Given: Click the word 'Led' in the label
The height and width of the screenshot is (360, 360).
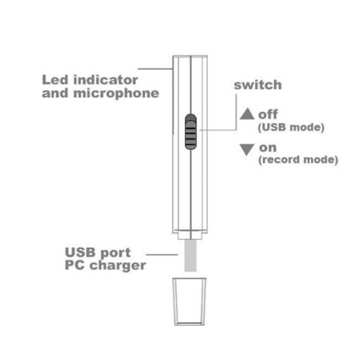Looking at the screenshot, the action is tap(55, 80).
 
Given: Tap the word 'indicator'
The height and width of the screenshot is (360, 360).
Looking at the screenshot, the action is tap(106, 80).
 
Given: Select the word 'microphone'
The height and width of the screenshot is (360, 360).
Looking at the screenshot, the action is tap(116, 93).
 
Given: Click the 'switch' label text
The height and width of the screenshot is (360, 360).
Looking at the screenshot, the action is tap(258, 85).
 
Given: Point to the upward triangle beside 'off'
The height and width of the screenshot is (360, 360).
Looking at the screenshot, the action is tap(247, 114).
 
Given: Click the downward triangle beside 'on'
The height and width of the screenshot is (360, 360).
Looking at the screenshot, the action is tap(247, 149).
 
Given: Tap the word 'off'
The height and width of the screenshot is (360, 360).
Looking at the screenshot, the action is tap(268, 114).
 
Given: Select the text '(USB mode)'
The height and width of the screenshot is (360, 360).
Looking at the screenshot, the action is tap(291, 127).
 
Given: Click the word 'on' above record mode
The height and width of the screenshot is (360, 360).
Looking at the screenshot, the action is tap(268, 148).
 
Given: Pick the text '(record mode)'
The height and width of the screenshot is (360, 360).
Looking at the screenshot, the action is tap(298, 160).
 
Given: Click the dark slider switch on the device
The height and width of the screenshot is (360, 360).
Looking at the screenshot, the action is tap(190, 132).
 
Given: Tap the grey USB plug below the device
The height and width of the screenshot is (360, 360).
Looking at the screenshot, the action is tap(190, 256).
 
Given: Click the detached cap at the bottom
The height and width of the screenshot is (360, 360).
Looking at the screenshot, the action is tap(190, 302).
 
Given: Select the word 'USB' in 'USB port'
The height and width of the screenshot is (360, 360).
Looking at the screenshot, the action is tap(80, 252).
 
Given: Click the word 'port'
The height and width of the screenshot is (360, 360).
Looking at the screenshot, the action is tap(116, 253).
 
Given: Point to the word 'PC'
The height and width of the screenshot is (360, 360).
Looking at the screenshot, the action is tap(75, 265).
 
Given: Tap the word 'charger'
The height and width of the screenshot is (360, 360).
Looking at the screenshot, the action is tap(118, 266).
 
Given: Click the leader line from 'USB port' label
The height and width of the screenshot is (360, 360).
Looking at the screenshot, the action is tap(162, 254).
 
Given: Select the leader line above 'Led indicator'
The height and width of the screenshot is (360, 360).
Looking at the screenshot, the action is tap(155, 69).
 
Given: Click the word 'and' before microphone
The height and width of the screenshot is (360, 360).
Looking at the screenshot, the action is tap(55, 93).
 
